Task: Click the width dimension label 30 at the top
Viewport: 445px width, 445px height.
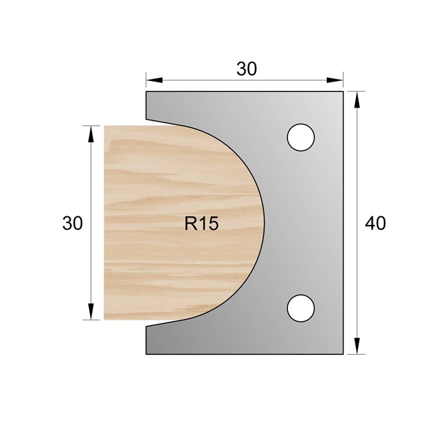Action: [246, 69]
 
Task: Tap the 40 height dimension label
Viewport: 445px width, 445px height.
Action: [375, 223]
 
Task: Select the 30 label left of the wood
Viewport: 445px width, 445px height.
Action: [72, 223]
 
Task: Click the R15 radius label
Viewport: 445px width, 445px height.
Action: [201, 224]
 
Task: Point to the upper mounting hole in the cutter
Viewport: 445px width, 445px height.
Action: [301, 137]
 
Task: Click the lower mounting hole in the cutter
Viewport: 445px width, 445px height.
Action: [301, 308]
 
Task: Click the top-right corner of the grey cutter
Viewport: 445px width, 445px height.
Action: [343, 91]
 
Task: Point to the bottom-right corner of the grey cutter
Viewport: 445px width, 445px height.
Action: [343, 355]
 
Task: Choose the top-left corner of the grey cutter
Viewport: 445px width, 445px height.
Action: [146, 91]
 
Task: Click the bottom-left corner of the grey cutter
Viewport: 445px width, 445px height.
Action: [146, 355]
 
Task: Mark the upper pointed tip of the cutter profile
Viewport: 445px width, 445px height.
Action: [146, 119]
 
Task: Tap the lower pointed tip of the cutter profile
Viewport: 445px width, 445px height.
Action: [146, 326]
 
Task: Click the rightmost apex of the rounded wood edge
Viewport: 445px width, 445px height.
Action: [265, 222]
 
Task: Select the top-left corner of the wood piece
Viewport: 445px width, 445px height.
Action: [104, 126]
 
